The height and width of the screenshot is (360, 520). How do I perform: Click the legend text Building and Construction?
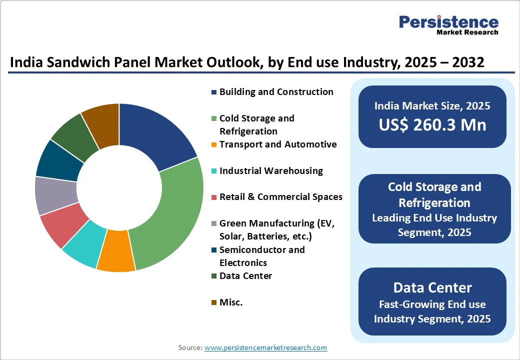coord(276,92)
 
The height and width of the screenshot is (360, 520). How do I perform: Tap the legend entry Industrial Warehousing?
coord(271,171)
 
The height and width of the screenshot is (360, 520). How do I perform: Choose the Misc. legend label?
coord(231,302)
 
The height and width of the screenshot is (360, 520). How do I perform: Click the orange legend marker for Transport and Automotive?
coord(214,145)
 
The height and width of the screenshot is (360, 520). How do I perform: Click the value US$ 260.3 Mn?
coord(432,124)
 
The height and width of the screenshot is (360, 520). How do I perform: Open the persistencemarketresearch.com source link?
coord(265,347)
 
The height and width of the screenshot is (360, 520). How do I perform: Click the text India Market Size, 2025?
coord(432,106)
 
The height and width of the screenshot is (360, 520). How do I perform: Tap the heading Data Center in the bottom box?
coord(432,287)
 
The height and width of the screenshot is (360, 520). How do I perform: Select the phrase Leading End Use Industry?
coord(434,218)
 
